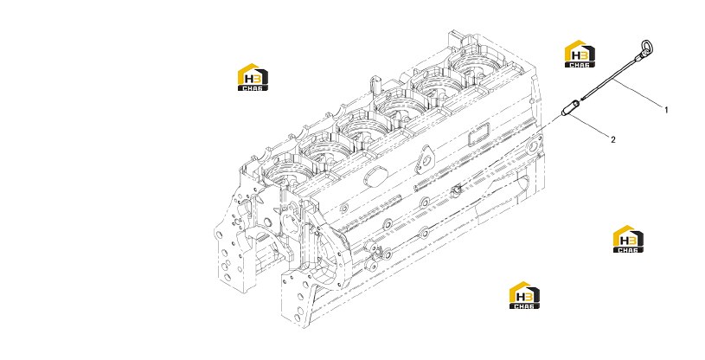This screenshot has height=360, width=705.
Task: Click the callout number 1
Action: click(x=666, y=110)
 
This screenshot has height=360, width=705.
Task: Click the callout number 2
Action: click(x=613, y=140)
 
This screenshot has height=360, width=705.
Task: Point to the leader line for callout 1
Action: click(x=638, y=93)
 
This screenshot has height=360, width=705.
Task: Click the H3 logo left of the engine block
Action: click(x=253, y=77)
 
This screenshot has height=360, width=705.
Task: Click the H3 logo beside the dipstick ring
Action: click(x=580, y=54)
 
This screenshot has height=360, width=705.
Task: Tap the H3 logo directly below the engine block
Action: click(x=524, y=295)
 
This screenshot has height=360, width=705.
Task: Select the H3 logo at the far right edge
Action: click(x=629, y=239)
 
